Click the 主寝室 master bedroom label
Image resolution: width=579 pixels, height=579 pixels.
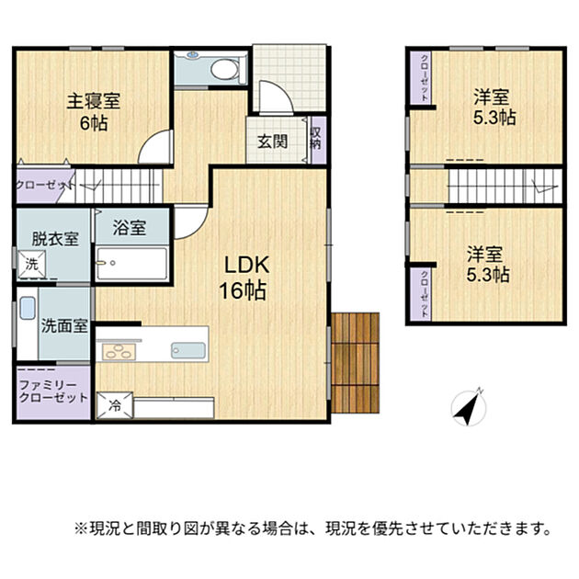tap(94, 101)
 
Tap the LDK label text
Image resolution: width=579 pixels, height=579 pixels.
tap(247, 265)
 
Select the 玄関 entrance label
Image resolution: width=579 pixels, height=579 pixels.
tap(273, 142)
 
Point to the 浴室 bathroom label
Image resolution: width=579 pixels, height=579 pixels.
tap(130, 228)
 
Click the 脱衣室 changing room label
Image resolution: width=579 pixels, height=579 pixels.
tap(55, 239)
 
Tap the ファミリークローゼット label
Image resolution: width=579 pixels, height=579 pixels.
tap(53, 392)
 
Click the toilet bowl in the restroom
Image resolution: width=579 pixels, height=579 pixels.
tap(225, 69)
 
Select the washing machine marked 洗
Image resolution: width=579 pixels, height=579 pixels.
tap(32, 264)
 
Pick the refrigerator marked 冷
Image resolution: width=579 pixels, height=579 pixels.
tap(115, 406)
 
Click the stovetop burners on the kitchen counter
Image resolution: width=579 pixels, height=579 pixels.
tap(119, 351)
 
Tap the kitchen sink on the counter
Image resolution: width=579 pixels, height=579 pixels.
tap(188, 350)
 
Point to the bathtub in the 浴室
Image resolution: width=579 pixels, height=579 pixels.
tap(131, 264)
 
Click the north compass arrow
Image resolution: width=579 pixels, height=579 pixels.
tap(469, 407)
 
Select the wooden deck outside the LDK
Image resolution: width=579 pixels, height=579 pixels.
tap(356, 363)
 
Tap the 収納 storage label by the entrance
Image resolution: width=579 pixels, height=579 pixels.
tap(316, 139)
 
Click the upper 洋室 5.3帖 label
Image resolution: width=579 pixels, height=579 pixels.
tap(494, 108)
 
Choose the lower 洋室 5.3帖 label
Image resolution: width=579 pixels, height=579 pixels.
tap(488, 265)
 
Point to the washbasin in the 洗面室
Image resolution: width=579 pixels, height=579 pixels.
tap(28, 308)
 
